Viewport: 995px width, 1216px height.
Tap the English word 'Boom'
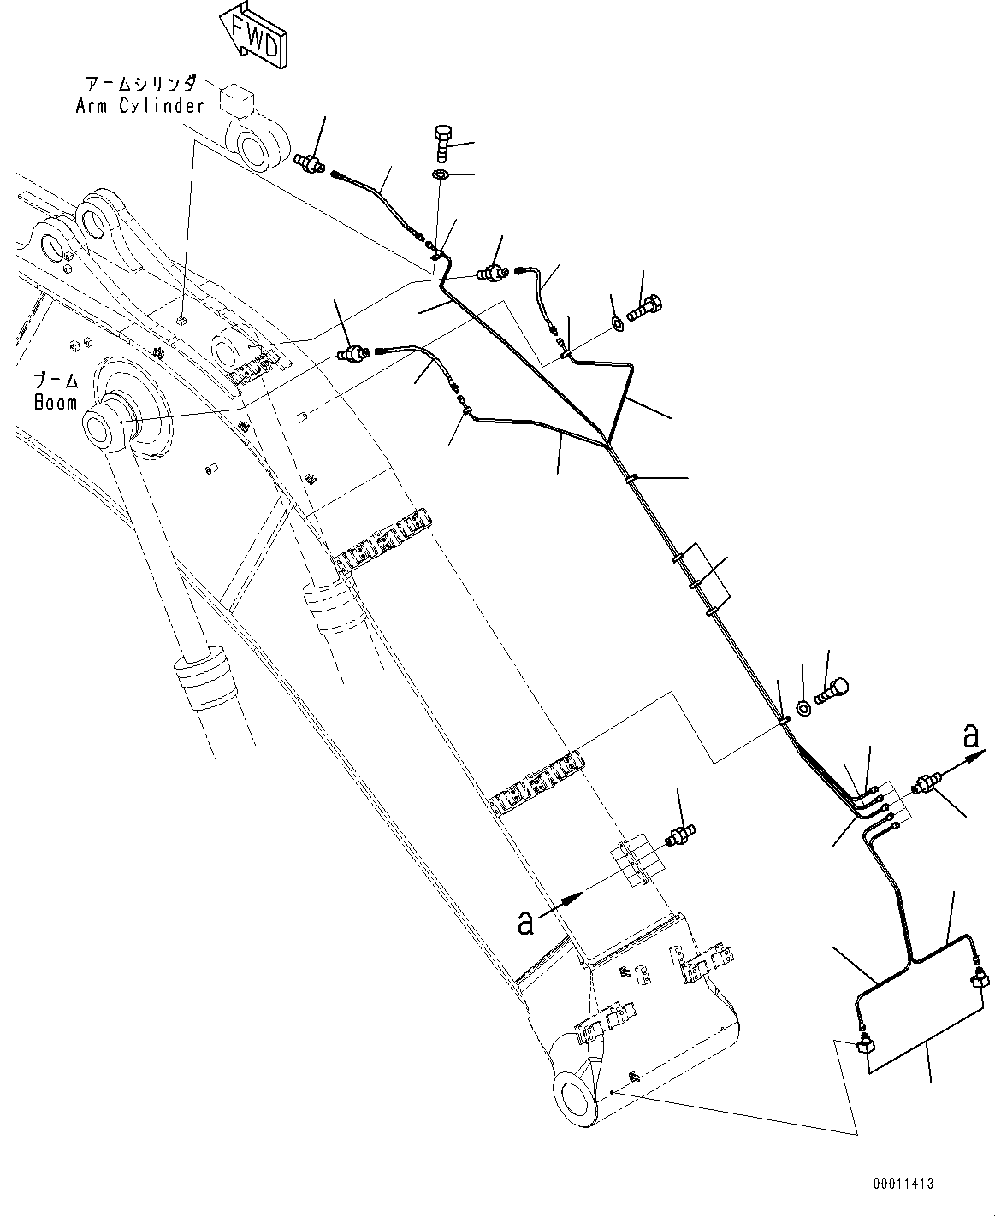pyautogui.click(x=56, y=402)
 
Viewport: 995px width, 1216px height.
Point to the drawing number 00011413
pyautogui.click(x=903, y=1184)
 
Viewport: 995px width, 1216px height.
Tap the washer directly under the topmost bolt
pyautogui.click(x=441, y=175)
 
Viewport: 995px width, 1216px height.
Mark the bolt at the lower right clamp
pyautogui.click(x=832, y=688)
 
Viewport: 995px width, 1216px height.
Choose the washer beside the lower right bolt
pyautogui.click(x=804, y=707)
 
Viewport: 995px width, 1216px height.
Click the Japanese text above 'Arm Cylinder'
pyautogui.click(x=140, y=84)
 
